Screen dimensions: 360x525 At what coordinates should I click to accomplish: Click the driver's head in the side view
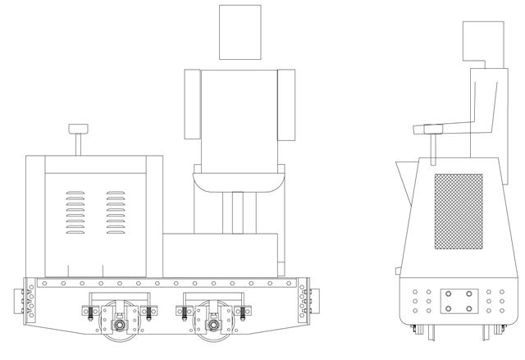click(240, 31)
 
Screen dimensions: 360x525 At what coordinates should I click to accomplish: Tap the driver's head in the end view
click(483, 41)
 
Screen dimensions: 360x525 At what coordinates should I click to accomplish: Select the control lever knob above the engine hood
click(78, 129)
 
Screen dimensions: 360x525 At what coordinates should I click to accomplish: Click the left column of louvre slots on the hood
click(75, 214)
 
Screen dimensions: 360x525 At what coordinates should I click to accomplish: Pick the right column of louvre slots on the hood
click(115, 214)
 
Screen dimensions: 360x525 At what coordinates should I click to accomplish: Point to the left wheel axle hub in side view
click(120, 322)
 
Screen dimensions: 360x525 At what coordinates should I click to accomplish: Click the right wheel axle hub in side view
click(213, 322)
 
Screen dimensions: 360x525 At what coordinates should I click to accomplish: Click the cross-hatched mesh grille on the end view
click(458, 211)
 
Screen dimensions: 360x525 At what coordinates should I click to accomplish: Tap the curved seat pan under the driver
click(240, 179)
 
